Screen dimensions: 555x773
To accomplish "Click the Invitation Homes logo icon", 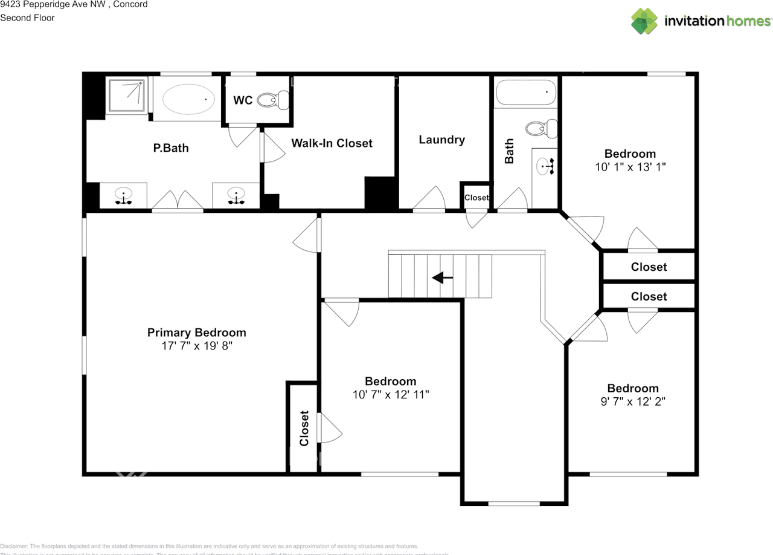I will pos(644,21).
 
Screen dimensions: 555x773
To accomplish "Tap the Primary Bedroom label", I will pos(196,333).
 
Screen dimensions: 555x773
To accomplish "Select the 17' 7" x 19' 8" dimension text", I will pos(196,346).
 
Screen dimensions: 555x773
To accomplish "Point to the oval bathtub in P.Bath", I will pos(188,100).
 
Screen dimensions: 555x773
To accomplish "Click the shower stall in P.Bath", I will pos(126,95).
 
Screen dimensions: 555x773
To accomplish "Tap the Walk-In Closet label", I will pos(332,143).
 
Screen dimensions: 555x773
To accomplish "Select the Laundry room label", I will pos(441,140).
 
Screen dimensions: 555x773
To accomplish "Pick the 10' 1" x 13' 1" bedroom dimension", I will pos(630,167).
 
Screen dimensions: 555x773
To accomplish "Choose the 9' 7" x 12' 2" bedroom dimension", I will pos(632,401).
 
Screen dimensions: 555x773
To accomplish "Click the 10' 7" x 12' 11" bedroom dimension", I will pos(391,394).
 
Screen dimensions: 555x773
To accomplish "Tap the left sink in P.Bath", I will pos(124,195).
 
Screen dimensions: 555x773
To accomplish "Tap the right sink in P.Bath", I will pos(236,195).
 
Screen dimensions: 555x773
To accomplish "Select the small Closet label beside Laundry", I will pos(476,198).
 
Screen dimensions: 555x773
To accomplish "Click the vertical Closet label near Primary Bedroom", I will pos(304,428).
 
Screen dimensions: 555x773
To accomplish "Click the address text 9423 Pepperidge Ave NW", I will pos(74,4).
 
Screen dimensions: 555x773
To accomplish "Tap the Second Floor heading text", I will pos(27,18).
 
